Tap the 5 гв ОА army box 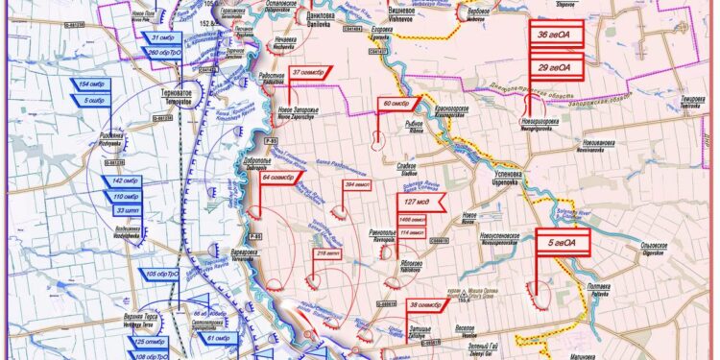coord(564,243)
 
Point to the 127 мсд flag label coord(419,203)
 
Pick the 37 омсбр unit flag coord(309,72)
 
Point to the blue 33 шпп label coord(126,209)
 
